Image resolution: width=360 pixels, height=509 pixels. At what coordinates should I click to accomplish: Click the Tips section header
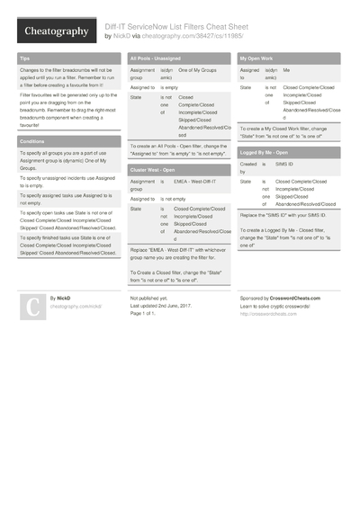click(24, 58)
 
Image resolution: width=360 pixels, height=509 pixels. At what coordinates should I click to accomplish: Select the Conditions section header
click(32, 142)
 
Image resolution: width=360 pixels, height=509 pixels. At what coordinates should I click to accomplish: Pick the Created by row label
click(247, 168)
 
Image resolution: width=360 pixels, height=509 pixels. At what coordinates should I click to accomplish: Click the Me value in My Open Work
click(286, 69)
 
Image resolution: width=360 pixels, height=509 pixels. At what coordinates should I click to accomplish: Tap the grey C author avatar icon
click(31, 307)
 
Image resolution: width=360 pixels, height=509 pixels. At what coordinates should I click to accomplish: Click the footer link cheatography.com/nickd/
click(76, 307)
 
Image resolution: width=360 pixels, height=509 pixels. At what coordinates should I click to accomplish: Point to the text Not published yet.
click(148, 297)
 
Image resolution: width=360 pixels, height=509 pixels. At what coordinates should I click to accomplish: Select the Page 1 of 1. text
click(144, 313)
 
